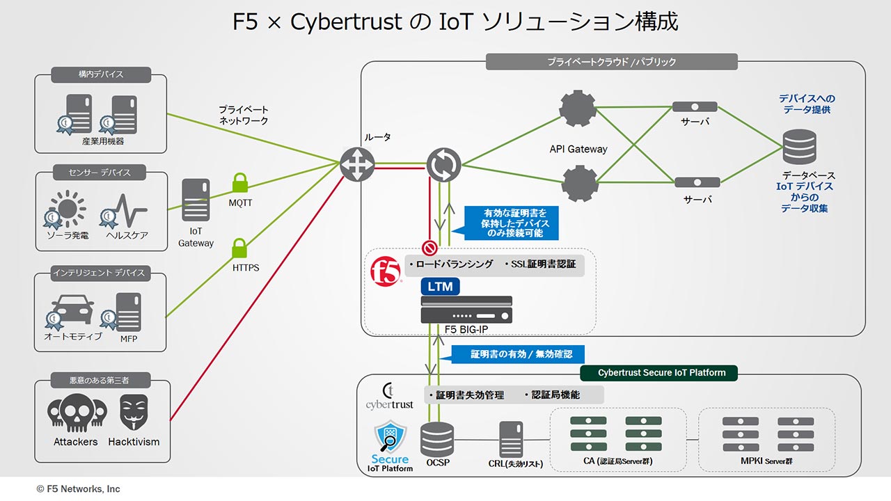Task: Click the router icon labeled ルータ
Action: pos(357,165)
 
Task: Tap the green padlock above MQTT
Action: pos(240,183)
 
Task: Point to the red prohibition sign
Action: pos(429,248)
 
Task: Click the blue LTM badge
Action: pos(440,285)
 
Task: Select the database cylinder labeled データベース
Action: pos(799,147)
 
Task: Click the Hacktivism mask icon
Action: pos(134,413)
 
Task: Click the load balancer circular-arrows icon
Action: pos(443,165)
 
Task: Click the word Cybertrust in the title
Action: pos(346,22)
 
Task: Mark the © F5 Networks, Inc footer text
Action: pos(79,489)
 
